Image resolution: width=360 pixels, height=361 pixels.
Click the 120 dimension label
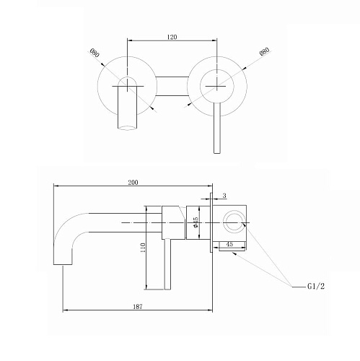point(172,37)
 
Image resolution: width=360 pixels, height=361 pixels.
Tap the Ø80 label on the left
point(95,53)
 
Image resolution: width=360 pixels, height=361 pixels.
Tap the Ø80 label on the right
point(265,52)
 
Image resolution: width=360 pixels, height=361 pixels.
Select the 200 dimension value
point(133,183)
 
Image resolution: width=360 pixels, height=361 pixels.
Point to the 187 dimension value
point(138,306)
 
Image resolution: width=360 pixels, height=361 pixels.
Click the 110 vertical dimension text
point(143,248)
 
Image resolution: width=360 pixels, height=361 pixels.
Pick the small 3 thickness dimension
point(224,196)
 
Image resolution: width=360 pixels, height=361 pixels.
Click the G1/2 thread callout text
point(316,286)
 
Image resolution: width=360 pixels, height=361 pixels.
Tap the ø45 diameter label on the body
point(196,222)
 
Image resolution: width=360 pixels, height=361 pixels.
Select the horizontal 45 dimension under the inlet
point(229,244)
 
